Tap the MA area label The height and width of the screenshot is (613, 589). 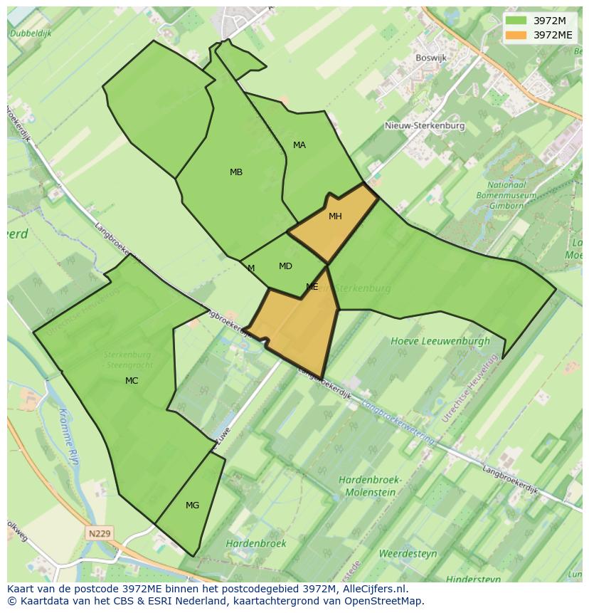[299, 145]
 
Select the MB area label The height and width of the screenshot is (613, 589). [236, 172]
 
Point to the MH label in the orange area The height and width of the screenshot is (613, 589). [335, 216]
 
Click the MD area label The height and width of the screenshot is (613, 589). [285, 266]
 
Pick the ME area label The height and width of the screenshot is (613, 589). [312, 287]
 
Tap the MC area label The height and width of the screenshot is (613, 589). [132, 381]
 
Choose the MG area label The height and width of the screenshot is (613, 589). [192, 505]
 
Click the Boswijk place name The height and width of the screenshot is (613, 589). [431, 57]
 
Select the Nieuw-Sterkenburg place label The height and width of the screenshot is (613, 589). [425, 126]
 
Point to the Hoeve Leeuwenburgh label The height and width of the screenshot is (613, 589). [440, 341]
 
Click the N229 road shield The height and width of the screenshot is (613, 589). [100, 533]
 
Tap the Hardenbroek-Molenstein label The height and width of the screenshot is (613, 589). [371, 486]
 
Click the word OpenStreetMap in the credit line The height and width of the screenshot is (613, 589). [386, 601]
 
